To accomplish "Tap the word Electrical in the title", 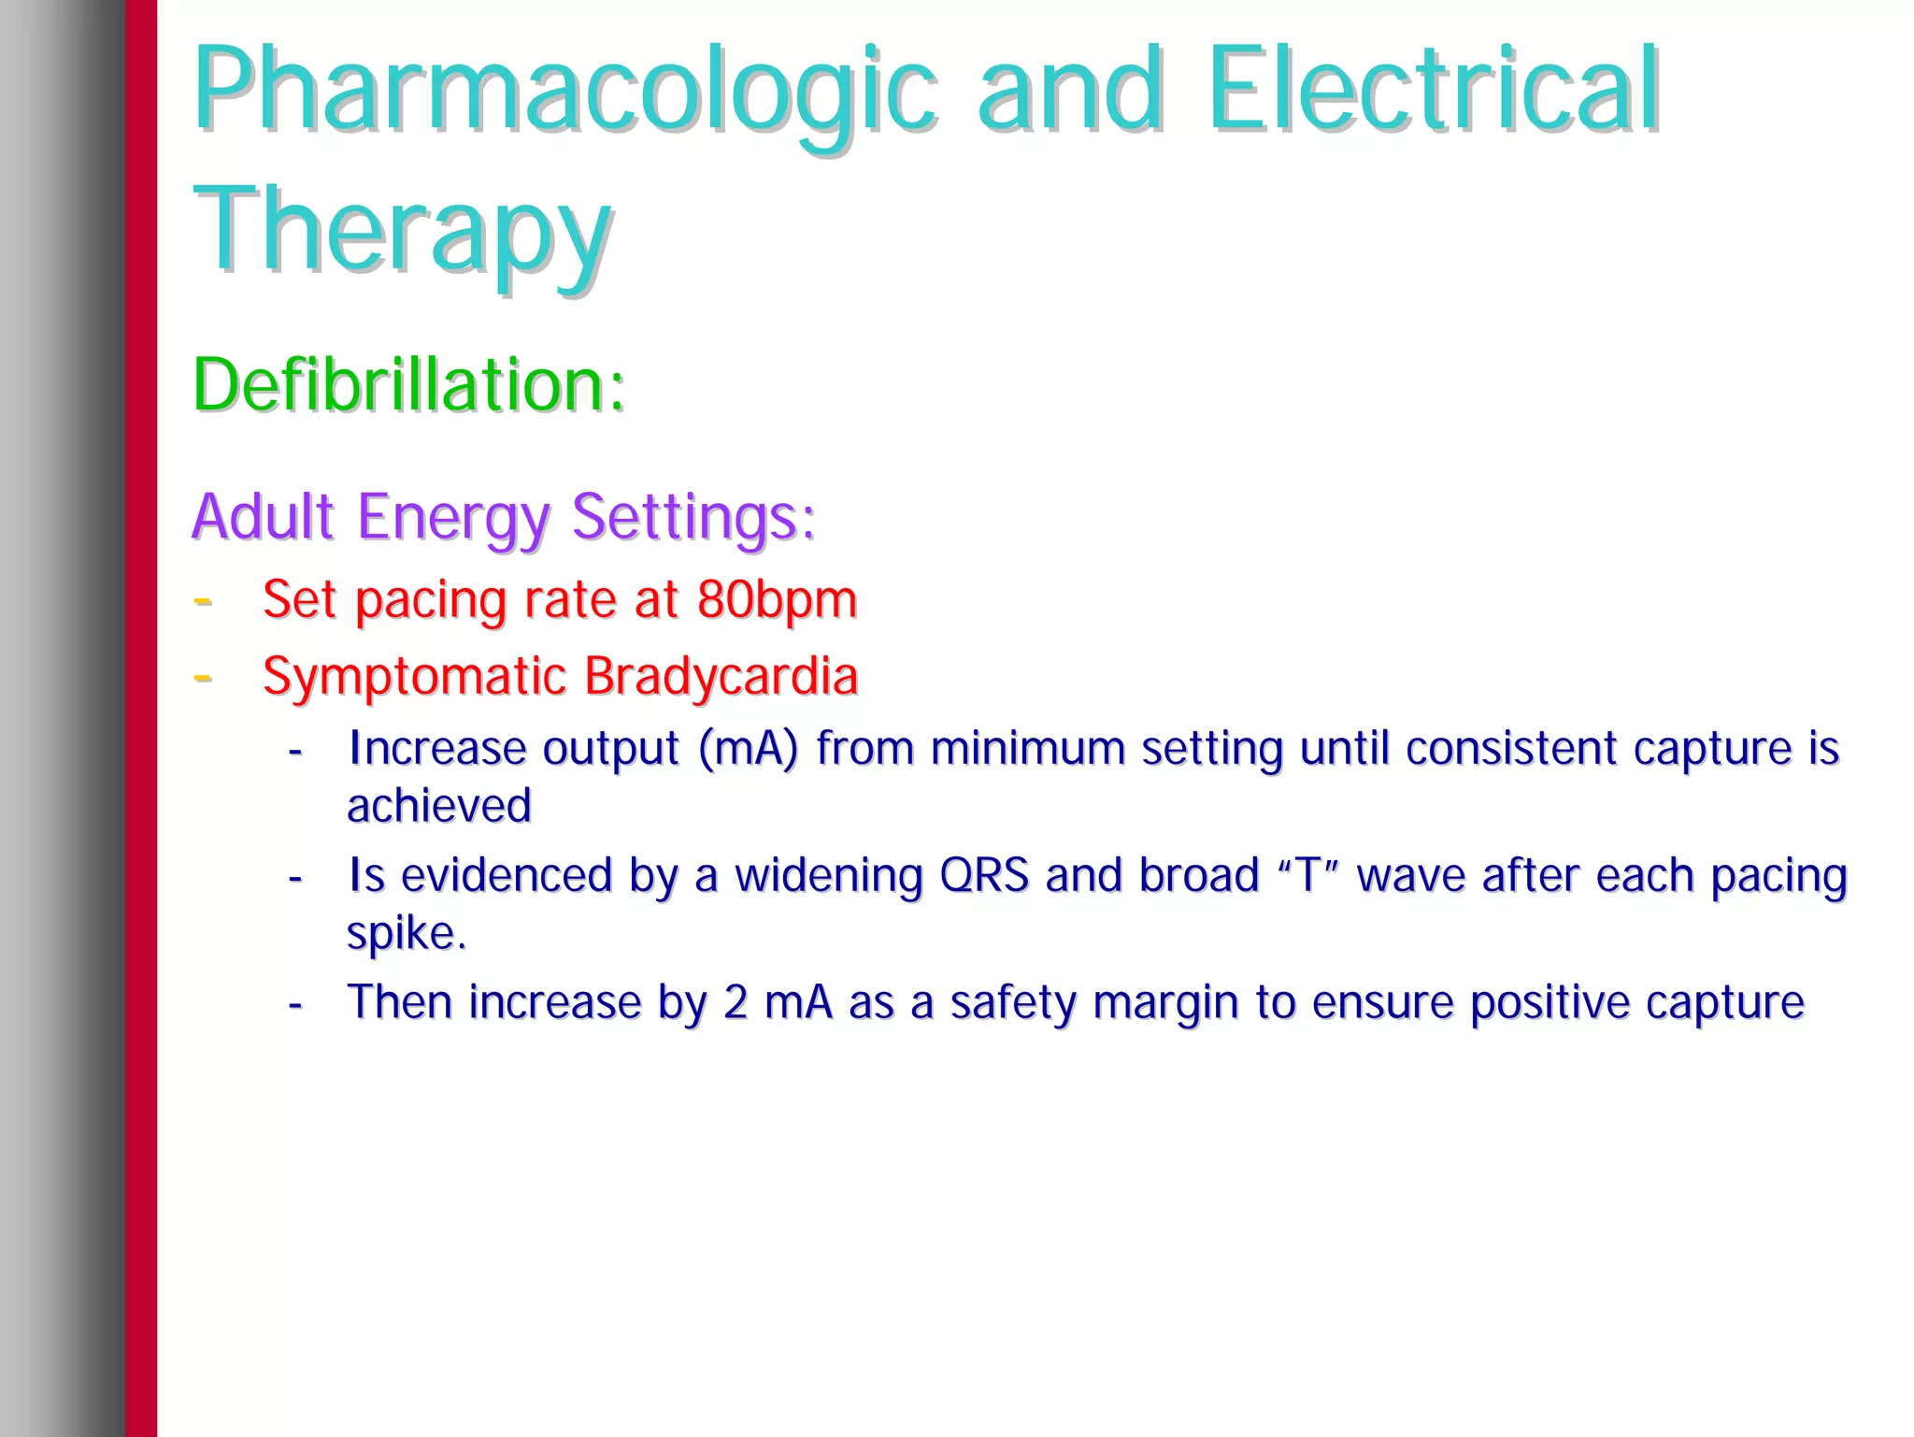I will coord(1433,91).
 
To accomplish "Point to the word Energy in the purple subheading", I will coord(453,517).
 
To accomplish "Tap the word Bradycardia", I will coord(721,676).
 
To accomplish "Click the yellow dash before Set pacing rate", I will coord(203,600).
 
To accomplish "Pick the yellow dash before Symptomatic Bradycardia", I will coord(203,677).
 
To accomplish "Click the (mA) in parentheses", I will coord(748,749).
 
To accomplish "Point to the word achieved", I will coord(439,806).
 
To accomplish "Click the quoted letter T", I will coord(1308,876).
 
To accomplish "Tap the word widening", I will coord(828,876).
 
